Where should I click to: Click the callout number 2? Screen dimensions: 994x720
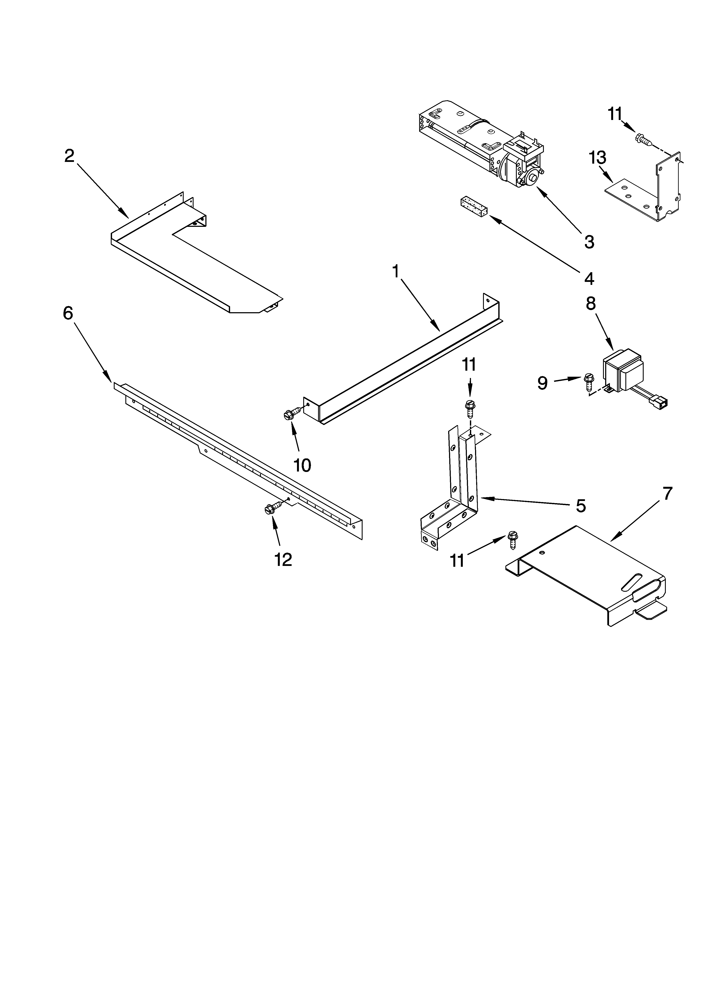coord(69,156)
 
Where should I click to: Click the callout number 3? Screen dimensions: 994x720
coord(589,241)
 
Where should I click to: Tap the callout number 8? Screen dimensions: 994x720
coord(591,303)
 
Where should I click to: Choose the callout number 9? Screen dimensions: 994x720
coord(542,383)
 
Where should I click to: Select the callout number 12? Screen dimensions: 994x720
coord(283,559)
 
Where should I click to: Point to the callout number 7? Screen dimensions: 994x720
coord(666,494)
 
